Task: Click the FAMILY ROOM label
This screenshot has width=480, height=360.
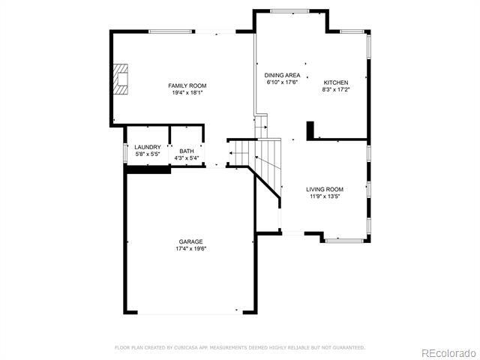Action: click(187, 85)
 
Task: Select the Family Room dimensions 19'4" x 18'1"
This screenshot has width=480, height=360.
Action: click(187, 93)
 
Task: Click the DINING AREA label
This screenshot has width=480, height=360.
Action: click(283, 76)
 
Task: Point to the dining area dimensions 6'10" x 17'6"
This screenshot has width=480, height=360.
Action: click(283, 83)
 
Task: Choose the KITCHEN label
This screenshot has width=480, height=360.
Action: click(335, 82)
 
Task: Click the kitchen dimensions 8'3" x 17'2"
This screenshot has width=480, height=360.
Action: click(335, 90)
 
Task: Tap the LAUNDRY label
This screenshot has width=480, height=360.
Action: click(147, 147)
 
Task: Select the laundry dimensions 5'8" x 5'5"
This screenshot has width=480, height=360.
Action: click(147, 154)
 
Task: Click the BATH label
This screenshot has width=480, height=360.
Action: click(186, 151)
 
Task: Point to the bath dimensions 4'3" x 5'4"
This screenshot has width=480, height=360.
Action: click(186, 158)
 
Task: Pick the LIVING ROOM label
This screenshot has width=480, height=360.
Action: click(325, 189)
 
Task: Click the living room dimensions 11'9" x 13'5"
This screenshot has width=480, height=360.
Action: click(325, 196)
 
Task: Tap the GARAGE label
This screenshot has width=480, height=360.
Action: click(190, 241)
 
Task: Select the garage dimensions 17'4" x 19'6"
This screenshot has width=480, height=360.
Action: click(190, 248)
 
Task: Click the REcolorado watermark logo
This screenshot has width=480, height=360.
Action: click(447, 352)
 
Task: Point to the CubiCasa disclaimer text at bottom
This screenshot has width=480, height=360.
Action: click(239, 347)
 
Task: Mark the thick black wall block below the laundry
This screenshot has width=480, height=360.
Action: click(148, 169)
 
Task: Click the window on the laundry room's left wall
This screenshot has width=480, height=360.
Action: click(124, 151)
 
